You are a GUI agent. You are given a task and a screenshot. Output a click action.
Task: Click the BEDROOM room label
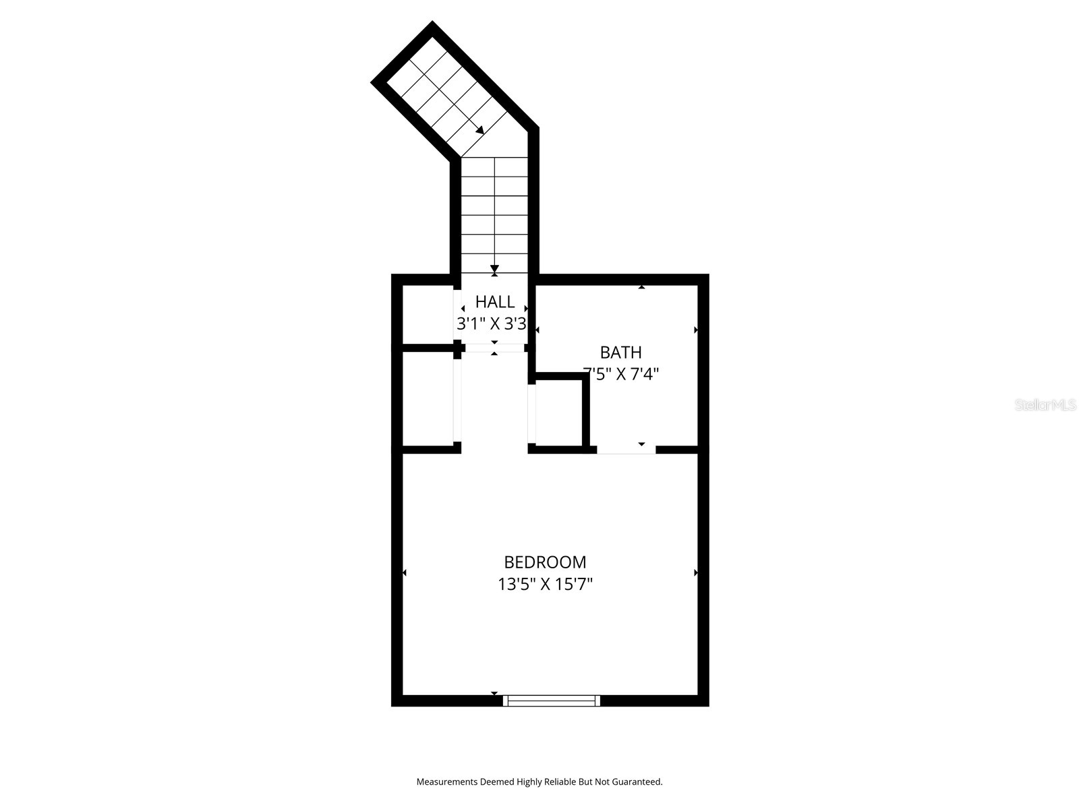(545, 562)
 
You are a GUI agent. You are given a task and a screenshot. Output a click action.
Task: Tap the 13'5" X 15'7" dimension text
(545, 584)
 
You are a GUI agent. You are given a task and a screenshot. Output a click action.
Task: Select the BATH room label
(620, 352)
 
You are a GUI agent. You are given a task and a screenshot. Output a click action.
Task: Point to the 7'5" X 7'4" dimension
(620, 373)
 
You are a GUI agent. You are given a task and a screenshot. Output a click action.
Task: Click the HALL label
(495, 301)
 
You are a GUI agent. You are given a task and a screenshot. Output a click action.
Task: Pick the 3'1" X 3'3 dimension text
(492, 324)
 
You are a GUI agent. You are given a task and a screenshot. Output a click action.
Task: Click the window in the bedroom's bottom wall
(552, 700)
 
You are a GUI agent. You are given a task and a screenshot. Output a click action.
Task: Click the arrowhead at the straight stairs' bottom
(494, 268)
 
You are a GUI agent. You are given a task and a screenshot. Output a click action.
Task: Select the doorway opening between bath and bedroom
(626, 449)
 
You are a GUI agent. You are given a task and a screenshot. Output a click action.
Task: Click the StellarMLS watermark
(1045, 405)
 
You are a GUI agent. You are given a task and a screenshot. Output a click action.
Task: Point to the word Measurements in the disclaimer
(446, 782)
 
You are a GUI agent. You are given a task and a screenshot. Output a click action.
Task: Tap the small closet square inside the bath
(559, 413)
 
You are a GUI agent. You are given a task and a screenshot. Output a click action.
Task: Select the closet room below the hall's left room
(428, 399)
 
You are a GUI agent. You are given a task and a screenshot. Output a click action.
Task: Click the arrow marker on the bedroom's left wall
(405, 573)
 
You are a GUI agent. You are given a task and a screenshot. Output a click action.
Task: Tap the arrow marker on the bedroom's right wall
(695, 573)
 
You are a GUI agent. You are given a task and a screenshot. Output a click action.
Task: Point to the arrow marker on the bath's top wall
(641, 287)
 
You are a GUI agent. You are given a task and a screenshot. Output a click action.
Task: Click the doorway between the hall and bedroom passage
(494, 348)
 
